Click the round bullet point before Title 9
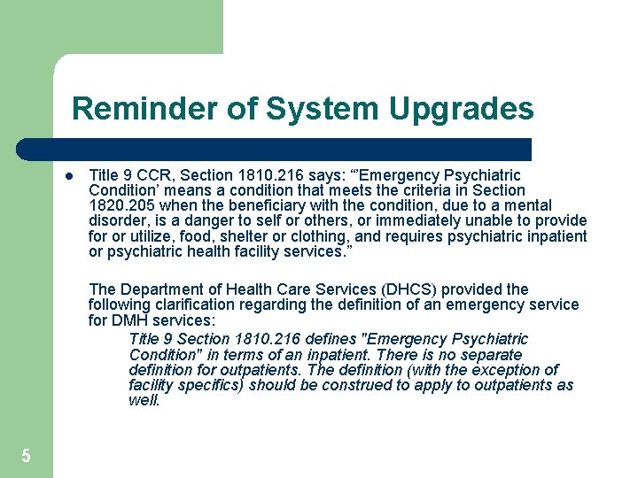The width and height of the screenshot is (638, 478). [67, 175]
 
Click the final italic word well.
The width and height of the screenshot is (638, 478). [144, 400]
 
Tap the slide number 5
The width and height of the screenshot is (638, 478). [26, 456]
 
